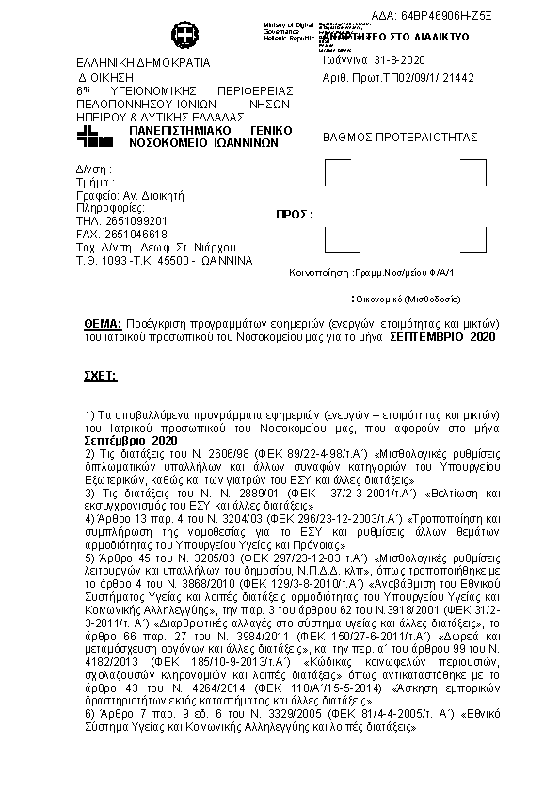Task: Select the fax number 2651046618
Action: pos(135,235)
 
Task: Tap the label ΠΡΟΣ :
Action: pos(294,215)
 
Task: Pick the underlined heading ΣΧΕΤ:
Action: pos(101,375)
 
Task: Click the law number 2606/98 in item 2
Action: pos(215,453)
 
